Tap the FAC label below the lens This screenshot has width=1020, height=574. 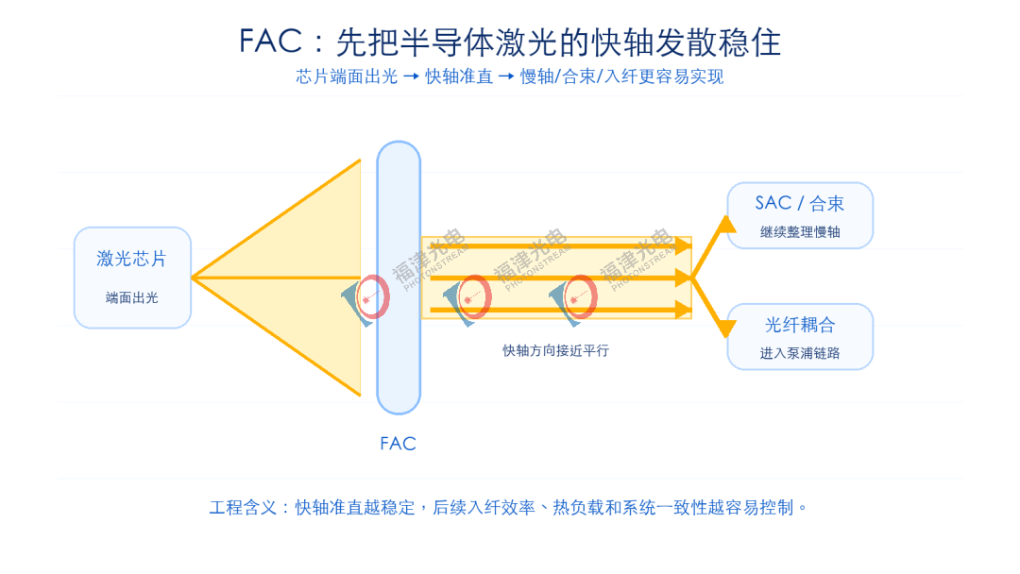399,444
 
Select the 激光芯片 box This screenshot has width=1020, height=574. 133,278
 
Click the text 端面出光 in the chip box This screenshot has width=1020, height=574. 132,297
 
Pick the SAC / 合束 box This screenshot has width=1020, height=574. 800,215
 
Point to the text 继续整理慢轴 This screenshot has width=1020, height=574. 800,232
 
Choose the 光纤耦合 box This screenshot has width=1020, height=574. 800,337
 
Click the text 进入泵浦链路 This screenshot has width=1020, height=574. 800,353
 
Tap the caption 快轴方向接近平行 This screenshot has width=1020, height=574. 555,350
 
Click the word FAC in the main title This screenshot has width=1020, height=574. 271,41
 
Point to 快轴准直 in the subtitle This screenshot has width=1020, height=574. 459,76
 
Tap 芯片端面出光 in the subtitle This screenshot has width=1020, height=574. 347,76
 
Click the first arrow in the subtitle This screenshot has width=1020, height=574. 411,76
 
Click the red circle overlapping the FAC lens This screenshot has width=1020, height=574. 372,296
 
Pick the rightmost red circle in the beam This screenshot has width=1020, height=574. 579,296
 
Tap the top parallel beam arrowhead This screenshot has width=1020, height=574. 683,245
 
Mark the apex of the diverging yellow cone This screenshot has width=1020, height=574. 192,278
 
